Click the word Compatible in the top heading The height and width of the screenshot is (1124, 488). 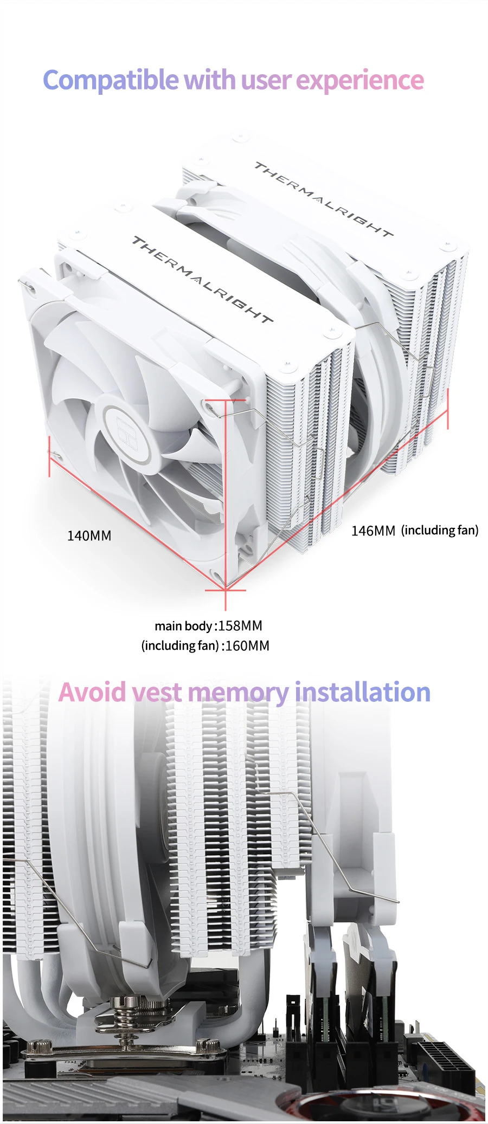coord(111,81)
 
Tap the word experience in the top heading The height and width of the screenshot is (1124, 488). coord(359,81)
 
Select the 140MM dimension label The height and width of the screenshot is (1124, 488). coord(89,536)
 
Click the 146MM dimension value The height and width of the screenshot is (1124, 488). coord(373,531)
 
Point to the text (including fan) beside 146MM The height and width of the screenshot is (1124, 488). coord(440,530)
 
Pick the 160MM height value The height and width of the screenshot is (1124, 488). coord(247,646)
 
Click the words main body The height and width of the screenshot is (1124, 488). coord(183,626)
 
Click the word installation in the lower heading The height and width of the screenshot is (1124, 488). coord(362,692)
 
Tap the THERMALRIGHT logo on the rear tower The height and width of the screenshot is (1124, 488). coord(324,199)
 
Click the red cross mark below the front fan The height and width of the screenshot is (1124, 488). coord(226,590)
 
